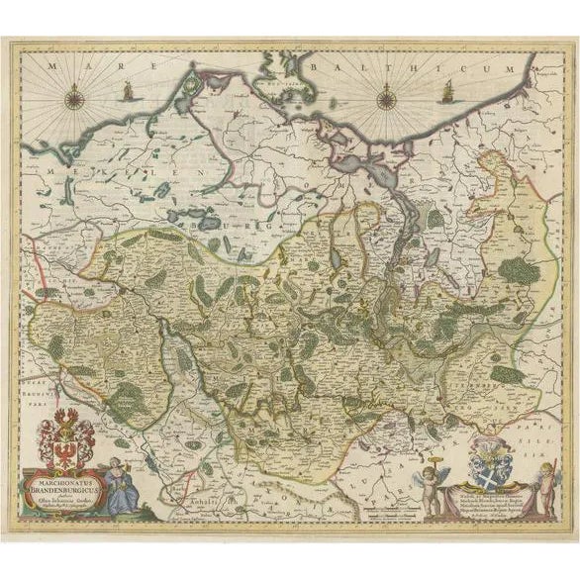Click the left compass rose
click(76, 97)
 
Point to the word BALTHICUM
click(416, 63)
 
